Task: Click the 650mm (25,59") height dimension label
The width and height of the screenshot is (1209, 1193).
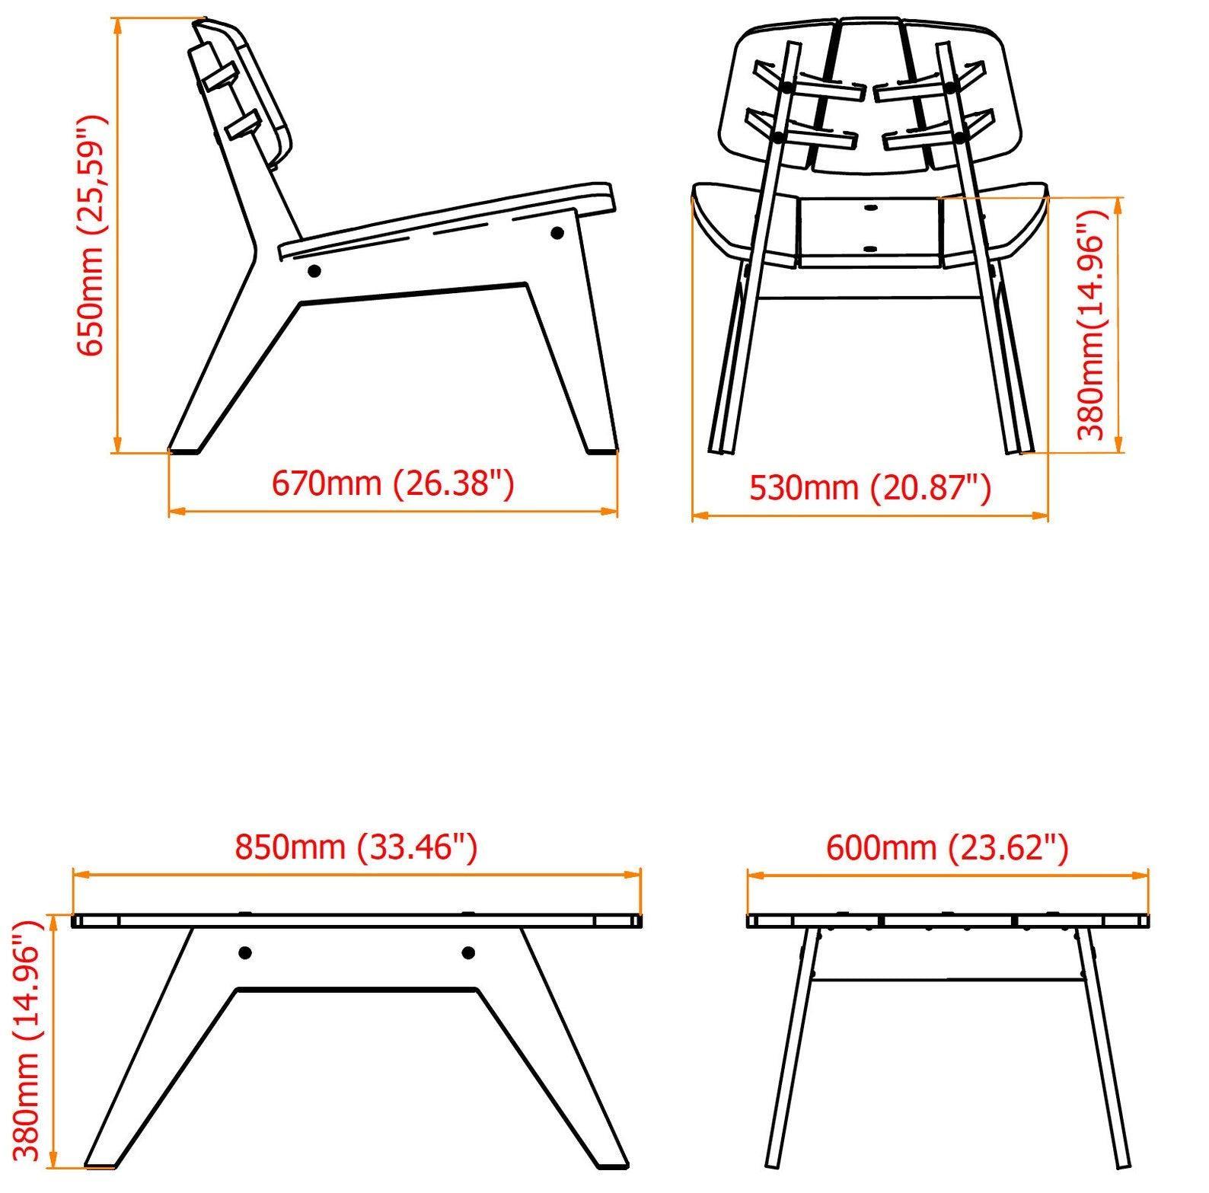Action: tap(94, 236)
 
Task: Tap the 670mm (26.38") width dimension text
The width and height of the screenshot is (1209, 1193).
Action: tap(393, 483)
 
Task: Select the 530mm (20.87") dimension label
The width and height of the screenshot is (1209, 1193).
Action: tap(870, 488)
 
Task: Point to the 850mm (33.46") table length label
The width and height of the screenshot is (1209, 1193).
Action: tap(356, 847)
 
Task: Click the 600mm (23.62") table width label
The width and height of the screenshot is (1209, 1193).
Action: tap(947, 847)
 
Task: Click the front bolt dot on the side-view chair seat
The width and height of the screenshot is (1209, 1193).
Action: tap(557, 233)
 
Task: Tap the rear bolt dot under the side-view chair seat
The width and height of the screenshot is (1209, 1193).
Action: tap(313, 270)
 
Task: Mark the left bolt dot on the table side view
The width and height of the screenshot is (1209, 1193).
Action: tap(245, 952)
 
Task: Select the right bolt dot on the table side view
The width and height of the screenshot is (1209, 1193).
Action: tap(468, 952)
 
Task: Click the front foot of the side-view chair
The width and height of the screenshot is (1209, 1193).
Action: tap(601, 449)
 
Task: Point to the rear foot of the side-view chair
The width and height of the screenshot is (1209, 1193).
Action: tap(184, 449)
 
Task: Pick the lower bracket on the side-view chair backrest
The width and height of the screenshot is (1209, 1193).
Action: tap(242, 125)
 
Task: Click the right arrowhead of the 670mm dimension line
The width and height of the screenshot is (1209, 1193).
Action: tap(610, 511)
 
